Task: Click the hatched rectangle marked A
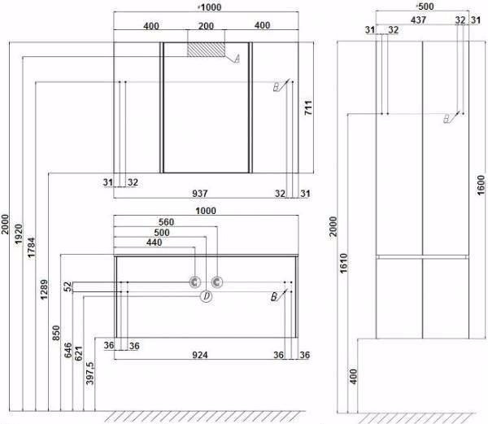(206, 50)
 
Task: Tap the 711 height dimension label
(308, 107)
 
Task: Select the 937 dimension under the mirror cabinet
(200, 194)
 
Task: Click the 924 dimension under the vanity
(200, 355)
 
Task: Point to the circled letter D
(206, 296)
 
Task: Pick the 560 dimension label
(166, 222)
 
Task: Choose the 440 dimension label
(154, 243)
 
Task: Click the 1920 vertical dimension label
(19, 234)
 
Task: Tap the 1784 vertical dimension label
(32, 248)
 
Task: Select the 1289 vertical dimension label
(44, 290)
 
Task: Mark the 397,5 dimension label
(90, 373)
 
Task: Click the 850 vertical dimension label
(56, 333)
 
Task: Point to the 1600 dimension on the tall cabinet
(481, 186)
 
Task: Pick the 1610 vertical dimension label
(343, 264)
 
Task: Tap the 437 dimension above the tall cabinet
(418, 20)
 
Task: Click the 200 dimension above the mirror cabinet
(206, 26)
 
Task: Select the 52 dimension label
(68, 286)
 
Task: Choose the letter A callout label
(237, 59)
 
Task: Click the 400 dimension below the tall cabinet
(354, 376)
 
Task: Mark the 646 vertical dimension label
(68, 351)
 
